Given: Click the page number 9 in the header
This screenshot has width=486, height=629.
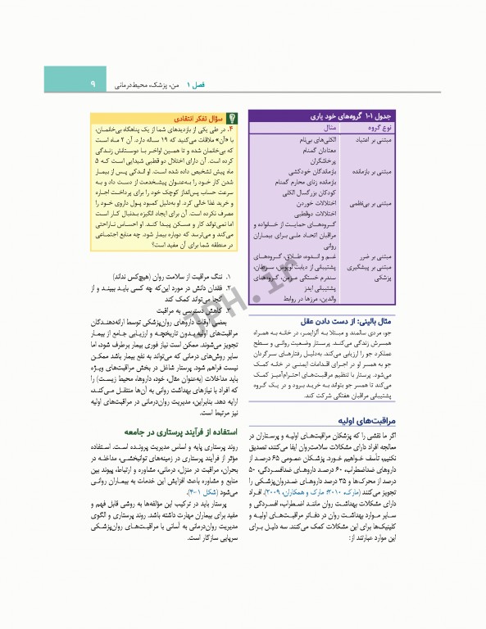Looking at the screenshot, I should coord(93,84).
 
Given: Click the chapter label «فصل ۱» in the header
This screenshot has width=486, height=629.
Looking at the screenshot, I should coord(198,84).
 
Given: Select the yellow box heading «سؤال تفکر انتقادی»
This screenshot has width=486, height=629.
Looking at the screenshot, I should coord(198,118).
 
